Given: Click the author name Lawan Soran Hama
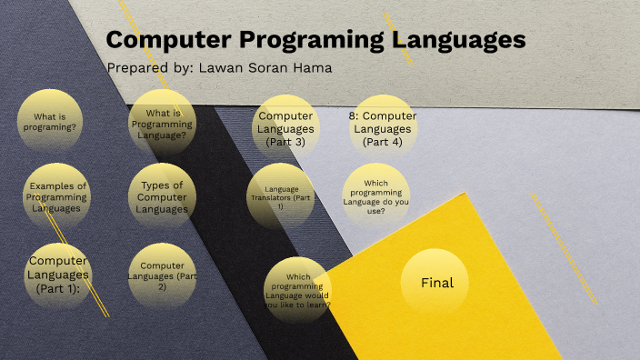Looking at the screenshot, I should coord(264,68).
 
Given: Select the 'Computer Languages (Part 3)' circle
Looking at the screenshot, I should coord(286,128).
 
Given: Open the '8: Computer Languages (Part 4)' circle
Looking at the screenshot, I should coord(383,128).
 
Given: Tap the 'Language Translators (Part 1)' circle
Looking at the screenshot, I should coord(281,197).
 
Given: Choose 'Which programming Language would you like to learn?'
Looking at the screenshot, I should coord(297,291).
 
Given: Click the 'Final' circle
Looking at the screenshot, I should coord(436,283).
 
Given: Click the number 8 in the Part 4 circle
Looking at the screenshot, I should coord(353,116).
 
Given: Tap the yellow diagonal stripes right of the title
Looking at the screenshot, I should coord(398,38).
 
